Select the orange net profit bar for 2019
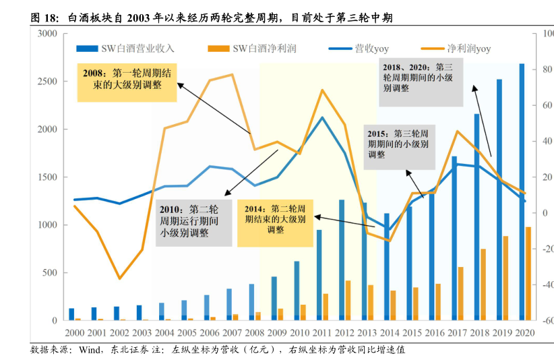tap(505, 278)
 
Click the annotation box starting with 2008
tap(127, 80)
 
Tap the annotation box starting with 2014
tap(275, 220)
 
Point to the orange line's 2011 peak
tap(321, 90)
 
